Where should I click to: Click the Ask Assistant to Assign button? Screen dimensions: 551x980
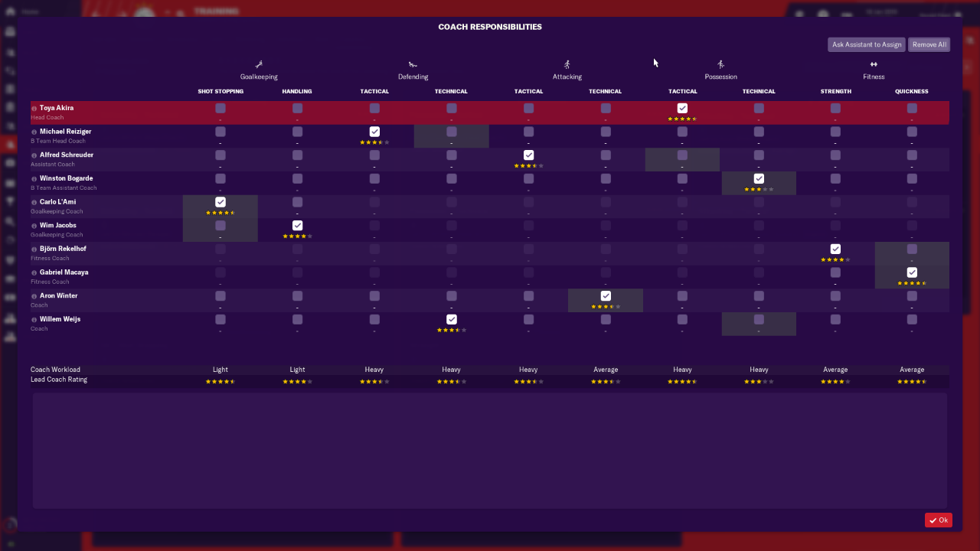coord(867,44)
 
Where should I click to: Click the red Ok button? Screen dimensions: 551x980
coord(939,520)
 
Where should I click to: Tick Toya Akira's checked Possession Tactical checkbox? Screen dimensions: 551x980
coord(682,109)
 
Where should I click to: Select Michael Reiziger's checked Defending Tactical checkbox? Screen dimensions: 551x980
coord(374,132)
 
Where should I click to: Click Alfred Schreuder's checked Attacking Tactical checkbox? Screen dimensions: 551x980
coord(528,155)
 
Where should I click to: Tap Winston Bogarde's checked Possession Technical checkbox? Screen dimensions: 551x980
coord(759,179)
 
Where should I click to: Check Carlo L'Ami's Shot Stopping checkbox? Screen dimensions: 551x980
coord(220,202)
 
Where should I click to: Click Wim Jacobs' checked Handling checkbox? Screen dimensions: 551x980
coord(297,226)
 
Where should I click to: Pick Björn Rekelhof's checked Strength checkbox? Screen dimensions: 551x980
coord(835,249)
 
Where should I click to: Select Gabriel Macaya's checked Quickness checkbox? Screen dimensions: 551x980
coord(912,272)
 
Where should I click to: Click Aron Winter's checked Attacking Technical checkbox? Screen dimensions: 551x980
coord(606,296)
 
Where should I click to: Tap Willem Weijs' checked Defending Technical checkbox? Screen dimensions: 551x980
coord(452,319)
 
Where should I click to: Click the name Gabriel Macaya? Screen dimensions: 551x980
coord(64,272)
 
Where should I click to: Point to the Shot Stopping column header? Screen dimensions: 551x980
coord(220,92)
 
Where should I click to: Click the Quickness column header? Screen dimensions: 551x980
coord(911,92)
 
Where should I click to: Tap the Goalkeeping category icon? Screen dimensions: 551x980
coord(260,64)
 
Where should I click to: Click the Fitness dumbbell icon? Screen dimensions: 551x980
coord(874,64)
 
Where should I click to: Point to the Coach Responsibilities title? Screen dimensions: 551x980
coord(490,27)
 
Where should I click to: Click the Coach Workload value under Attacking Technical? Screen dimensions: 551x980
coord(606,370)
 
